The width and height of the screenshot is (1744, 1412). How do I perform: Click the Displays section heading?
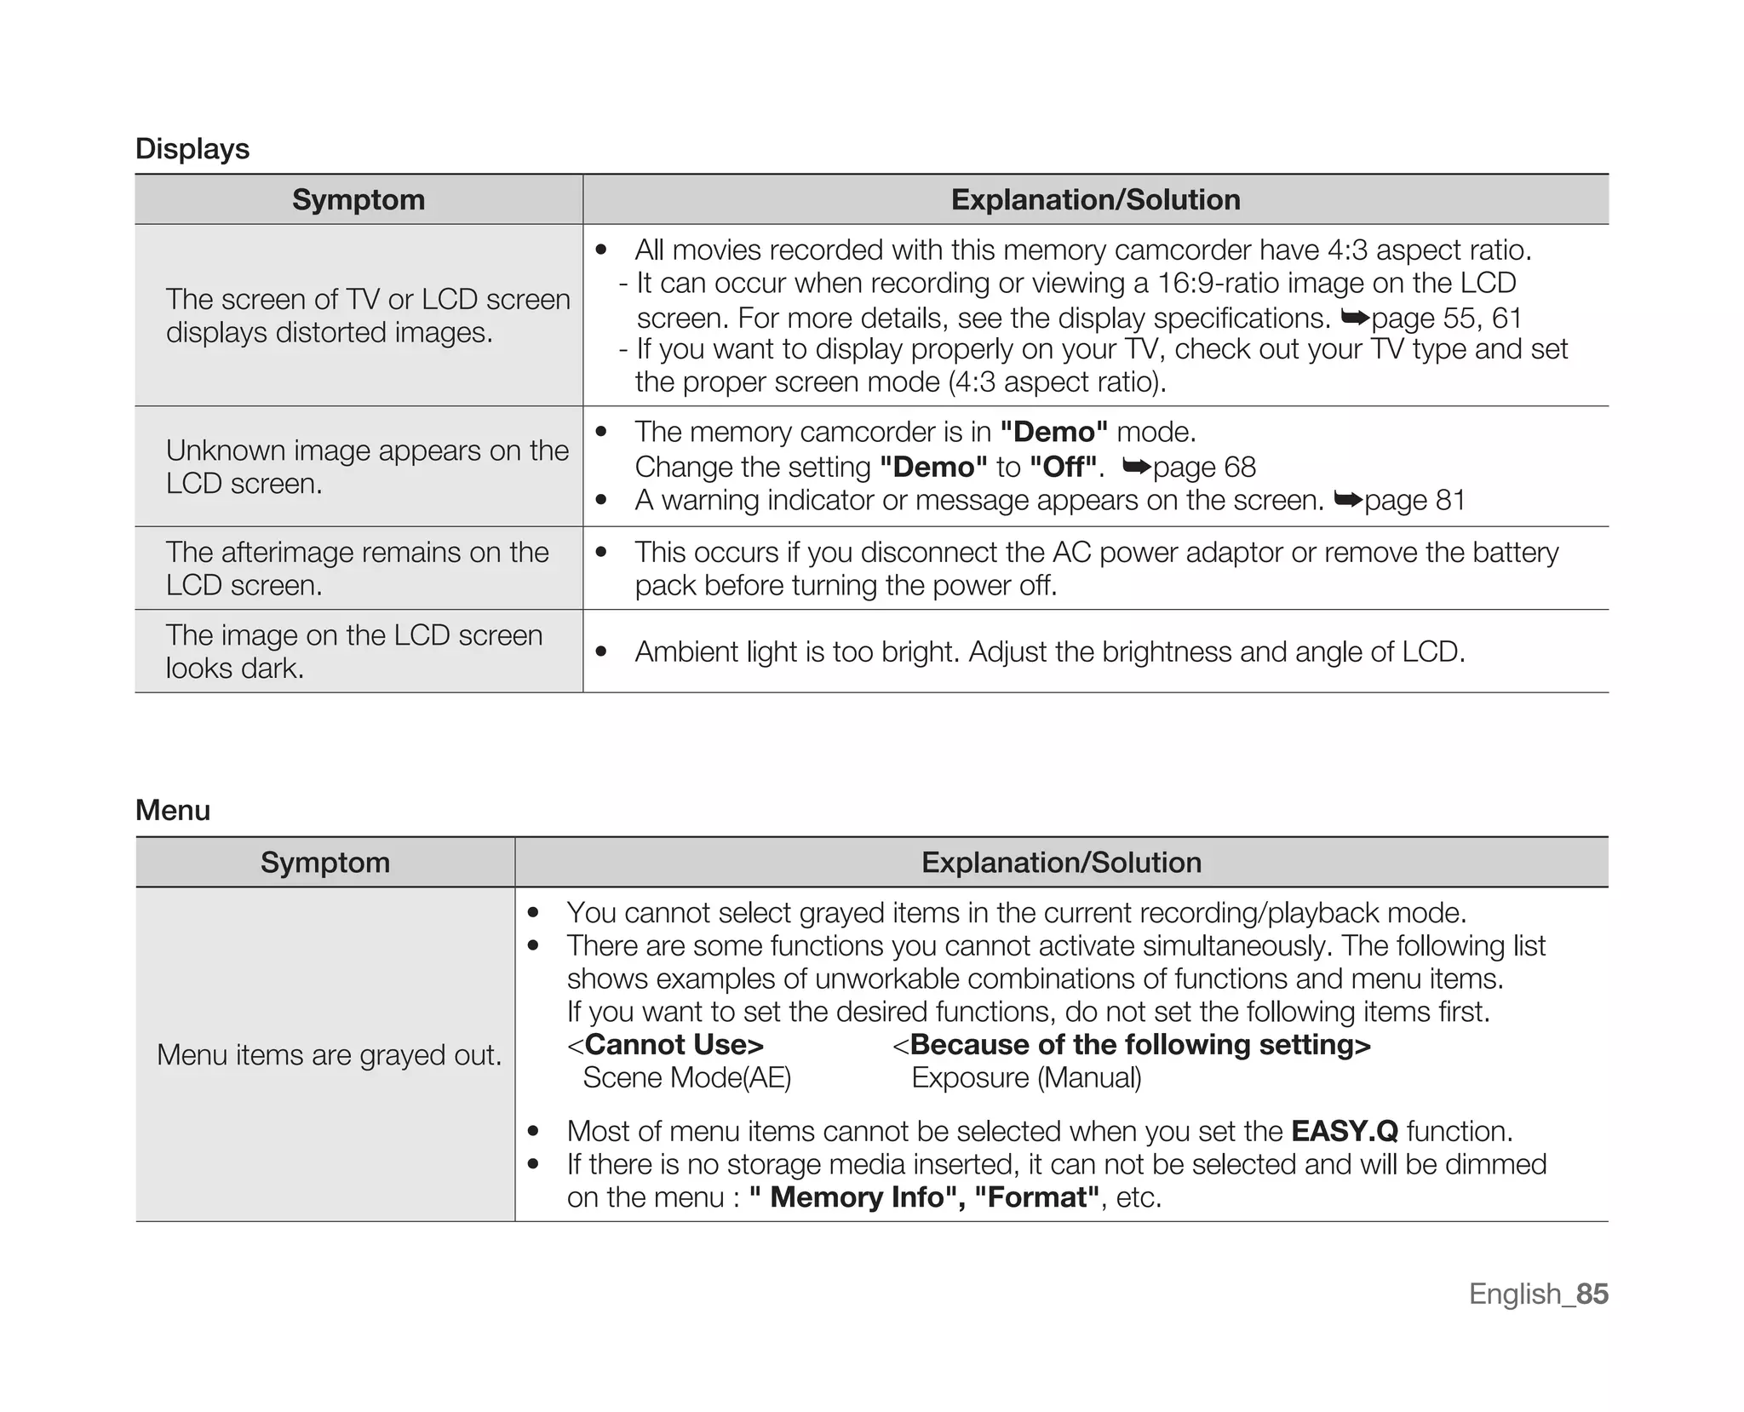pyautogui.click(x=192, y=149)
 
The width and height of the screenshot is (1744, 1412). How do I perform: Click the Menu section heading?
pyautogui.click(x=173, y=810)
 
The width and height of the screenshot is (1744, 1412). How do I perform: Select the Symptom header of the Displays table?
pyautogui.click(x=358, y=200)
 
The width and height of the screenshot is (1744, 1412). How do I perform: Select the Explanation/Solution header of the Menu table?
pyautogui.click(x=1061, y=863)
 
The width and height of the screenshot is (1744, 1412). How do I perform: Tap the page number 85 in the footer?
pyautogui.click(x=1591, y=1294)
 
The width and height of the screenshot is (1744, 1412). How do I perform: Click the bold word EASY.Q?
pyautogui.click(x=1344, y=1132)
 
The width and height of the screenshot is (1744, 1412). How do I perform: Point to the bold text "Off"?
pyautogui.click(x=1063, y=468)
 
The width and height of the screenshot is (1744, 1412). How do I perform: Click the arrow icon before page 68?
pyautogui.click(x=1136, y=467)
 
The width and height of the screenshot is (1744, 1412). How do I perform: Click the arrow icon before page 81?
pyautogui.click(x=1347, y=500)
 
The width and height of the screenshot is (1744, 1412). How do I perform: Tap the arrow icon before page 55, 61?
pyautogui.click(x=1354, y=318)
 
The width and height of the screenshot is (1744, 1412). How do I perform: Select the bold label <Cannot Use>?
pyautogui.click(x=666, y=1045)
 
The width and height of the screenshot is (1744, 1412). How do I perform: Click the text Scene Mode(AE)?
pyautogui.click(x=686, y=1078)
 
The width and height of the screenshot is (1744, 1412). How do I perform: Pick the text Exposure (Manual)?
pyautogui.click(x=1026, y=1078)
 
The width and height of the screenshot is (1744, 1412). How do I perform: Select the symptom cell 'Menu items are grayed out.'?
pyautogui.click(x=329, y=1055)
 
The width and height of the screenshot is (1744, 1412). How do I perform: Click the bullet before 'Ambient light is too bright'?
pyautogui.click(x=601, y=652)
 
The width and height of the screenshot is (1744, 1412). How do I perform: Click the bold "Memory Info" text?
pyautogui.click(x=856, y=1198)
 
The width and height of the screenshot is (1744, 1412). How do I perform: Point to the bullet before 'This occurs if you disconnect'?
pyautogui.click(x=601, y=553)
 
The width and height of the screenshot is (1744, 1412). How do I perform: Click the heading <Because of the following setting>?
pyautogui.click(x=1132, y=1045)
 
